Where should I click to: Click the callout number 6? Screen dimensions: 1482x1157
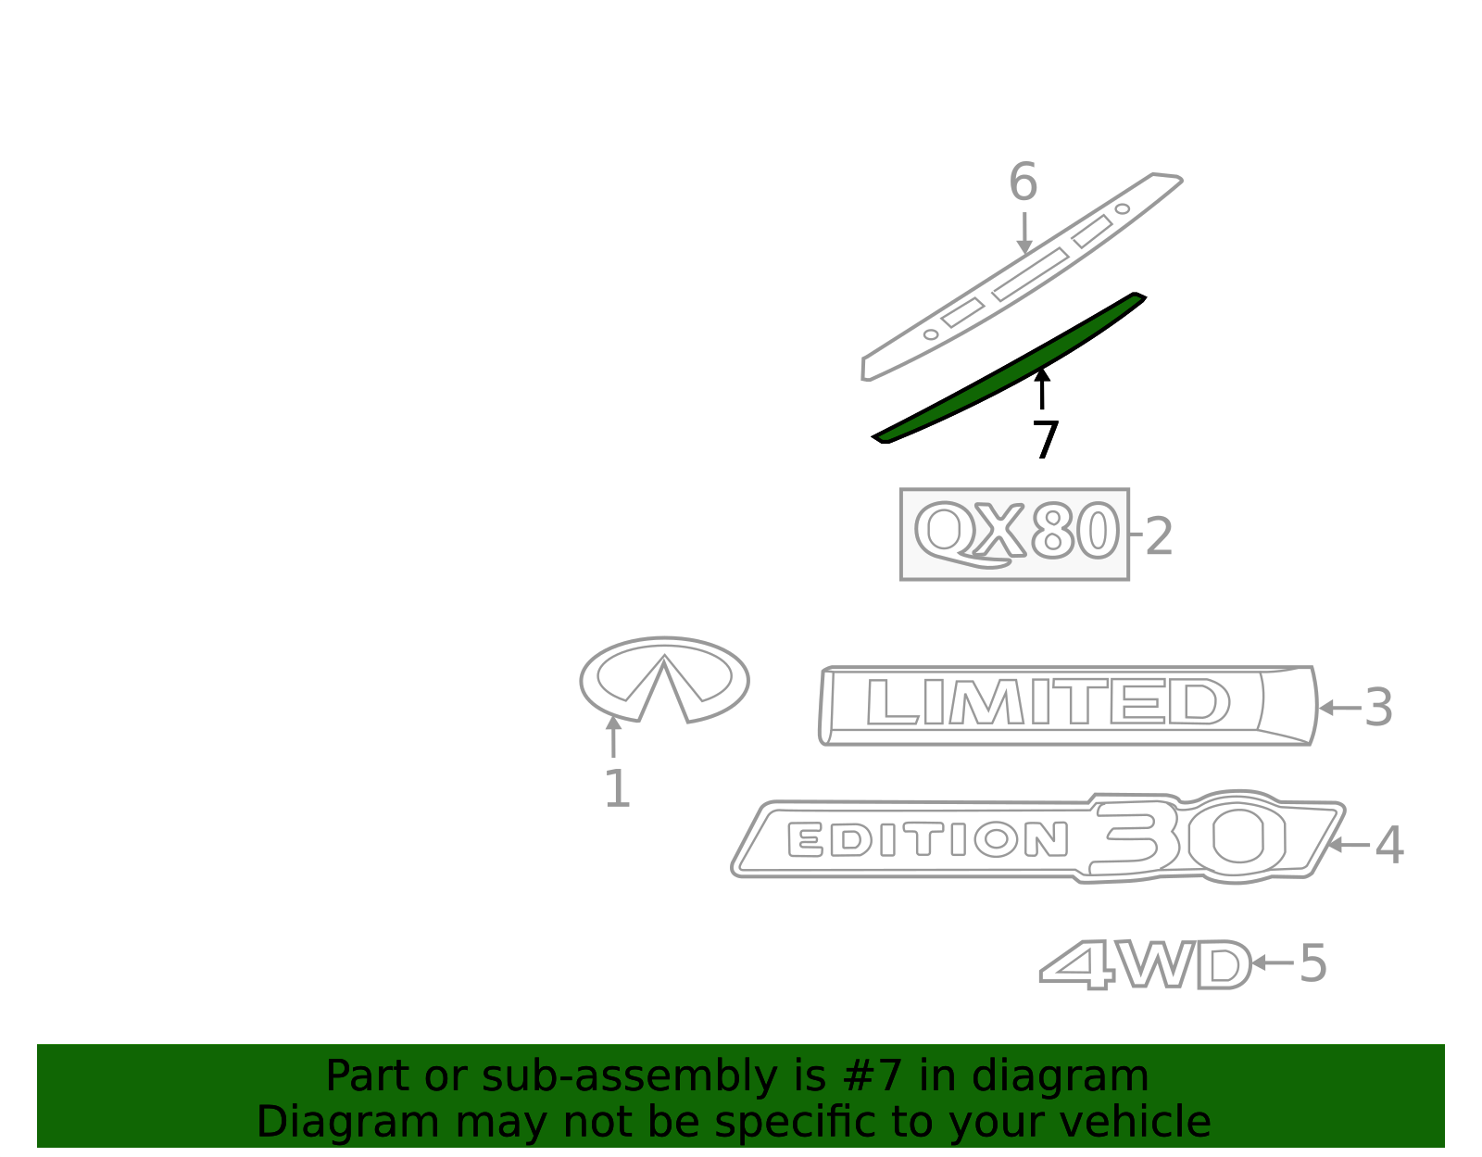point(1023,182)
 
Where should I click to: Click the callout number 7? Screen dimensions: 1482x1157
point(1046,440)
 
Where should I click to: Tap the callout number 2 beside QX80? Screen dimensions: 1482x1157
point(1160,535)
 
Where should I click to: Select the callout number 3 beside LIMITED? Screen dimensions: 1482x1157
point(1378,708)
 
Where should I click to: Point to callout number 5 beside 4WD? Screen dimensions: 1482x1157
point(1312,963)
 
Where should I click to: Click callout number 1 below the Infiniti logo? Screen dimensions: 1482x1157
point(617,789)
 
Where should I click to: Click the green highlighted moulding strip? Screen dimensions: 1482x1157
point(1010,368)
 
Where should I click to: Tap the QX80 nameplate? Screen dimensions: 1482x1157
point(1015,534)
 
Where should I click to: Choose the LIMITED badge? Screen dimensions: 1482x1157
point(1067,706)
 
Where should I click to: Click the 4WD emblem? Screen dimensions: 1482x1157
point(1145,964)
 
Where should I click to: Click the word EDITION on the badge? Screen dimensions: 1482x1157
point(927,838)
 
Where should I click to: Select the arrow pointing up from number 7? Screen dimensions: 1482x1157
point(1042,389)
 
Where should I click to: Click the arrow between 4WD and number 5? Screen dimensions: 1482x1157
point(1273,962)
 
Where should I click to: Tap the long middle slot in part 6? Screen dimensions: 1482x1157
point(1030,275)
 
